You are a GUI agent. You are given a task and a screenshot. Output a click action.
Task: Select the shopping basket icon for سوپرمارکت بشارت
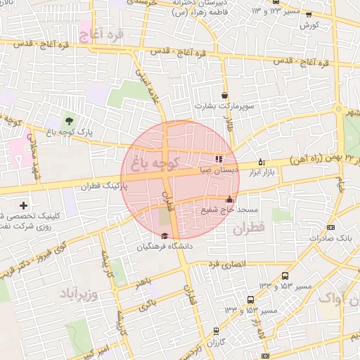coord(224,96)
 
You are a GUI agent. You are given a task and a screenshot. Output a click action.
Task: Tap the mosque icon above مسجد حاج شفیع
coord(229,199)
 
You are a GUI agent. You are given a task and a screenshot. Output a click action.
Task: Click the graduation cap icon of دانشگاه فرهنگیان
coord(165,236)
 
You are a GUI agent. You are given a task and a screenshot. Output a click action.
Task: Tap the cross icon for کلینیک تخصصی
coord(24,205)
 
